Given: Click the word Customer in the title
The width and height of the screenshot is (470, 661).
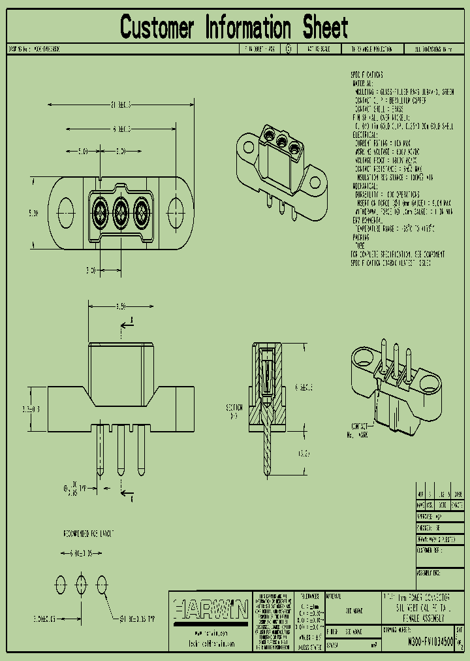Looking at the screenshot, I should pos(157,28).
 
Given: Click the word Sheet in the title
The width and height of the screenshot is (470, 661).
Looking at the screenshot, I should pos(324,28).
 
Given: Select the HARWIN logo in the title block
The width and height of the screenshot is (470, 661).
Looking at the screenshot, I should pos(211,610).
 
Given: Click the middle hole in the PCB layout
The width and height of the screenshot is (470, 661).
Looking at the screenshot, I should pos(82,583).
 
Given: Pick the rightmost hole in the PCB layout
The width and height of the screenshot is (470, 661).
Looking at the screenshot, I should pos(102,583).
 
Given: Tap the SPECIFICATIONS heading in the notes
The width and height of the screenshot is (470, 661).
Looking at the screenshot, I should pos(367,75).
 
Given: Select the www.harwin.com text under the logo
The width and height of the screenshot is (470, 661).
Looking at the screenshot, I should pos(210,634).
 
